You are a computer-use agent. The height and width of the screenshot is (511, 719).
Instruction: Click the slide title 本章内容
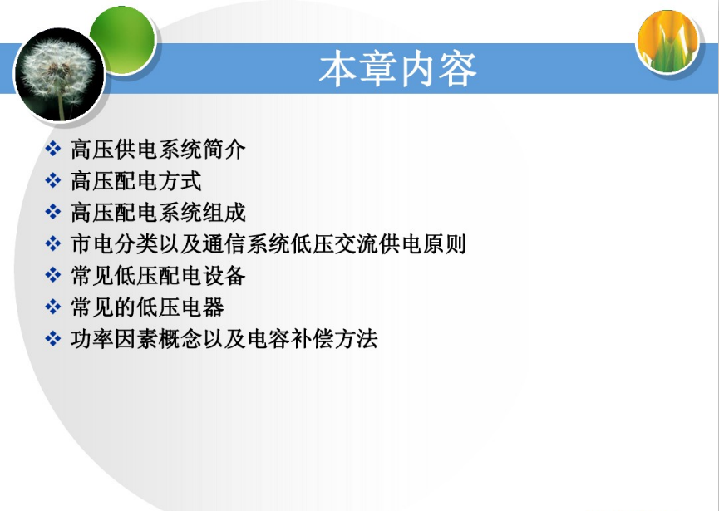coord(397,69)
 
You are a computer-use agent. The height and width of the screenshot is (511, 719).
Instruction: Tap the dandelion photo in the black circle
coord(60,75)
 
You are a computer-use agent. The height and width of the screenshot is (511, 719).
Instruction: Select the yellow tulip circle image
coord(667,42)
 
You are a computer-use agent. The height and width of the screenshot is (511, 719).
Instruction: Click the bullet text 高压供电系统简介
coord(158,150)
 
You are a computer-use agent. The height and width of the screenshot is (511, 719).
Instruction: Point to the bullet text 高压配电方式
coord(136,181)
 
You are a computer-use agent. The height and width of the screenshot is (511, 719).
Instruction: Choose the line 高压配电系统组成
coord(158,213)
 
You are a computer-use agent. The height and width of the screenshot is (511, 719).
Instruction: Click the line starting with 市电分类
coord(268,243)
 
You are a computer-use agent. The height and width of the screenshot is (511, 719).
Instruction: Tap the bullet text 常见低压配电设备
coord(158,275)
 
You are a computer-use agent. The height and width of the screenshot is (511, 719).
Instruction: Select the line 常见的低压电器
coord(147,307)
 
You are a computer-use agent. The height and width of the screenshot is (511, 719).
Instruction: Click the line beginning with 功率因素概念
coord(224,339)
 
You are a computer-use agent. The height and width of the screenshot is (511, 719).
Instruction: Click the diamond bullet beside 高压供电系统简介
coord(52,149)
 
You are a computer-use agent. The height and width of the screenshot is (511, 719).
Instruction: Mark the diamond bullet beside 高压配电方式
coord(52,180)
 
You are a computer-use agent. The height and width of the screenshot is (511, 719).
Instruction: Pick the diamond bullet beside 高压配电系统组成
coord(52,212)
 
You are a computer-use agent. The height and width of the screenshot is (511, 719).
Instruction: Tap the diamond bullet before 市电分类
coord(52,243)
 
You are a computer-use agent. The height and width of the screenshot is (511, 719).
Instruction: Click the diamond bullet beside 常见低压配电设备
coord(52,275)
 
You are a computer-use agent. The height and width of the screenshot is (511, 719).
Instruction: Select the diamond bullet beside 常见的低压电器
coord(52,307)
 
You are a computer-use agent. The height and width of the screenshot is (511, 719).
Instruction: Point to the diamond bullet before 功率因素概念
coord(52,339)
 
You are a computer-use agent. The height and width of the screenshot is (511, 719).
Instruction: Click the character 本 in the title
coord(337,69)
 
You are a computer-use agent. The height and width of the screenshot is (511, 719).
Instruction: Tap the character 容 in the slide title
coord(458,69)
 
